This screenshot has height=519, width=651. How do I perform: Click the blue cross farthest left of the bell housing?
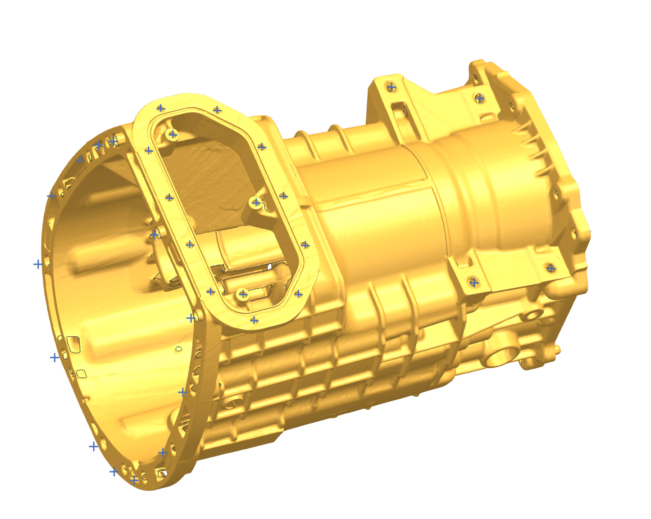[x=38, y=264]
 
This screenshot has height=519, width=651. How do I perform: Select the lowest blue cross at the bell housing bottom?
[x=134, y=480]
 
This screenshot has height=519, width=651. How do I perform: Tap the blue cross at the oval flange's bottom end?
[x=254, y=320]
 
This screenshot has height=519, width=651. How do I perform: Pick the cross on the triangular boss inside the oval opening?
[x=256, y=203]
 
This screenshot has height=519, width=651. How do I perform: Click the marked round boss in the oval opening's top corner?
[x=173, y=134]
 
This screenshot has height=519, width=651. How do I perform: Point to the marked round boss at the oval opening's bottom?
[x=243, y=294]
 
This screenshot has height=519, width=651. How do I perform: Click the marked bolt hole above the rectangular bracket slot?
[x=392, y=86]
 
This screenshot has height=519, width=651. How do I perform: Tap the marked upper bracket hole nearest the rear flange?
[x=480, y=98]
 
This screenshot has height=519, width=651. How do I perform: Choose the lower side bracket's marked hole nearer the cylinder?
[x=473, y=282]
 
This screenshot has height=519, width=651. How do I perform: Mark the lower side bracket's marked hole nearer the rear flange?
[x=551, y=268]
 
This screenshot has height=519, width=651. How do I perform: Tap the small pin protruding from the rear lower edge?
[x=557, y=349]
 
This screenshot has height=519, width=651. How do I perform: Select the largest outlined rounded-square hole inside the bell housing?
[x=73, y=343]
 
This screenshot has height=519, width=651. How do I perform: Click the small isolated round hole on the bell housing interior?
[x=178, y=348]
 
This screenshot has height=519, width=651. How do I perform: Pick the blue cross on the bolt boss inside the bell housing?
[x=154, y=235]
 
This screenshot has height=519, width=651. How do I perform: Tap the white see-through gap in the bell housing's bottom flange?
[x=162, y=473]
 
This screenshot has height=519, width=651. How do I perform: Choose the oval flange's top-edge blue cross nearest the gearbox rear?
[x=217, y=110]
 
